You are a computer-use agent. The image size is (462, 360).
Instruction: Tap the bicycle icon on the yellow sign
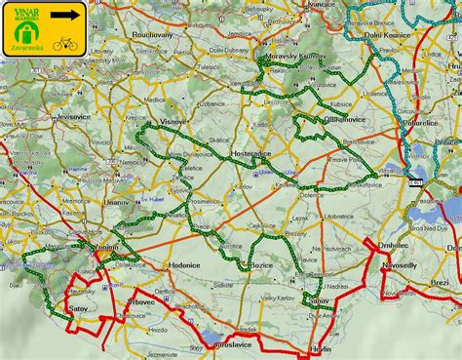66,43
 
